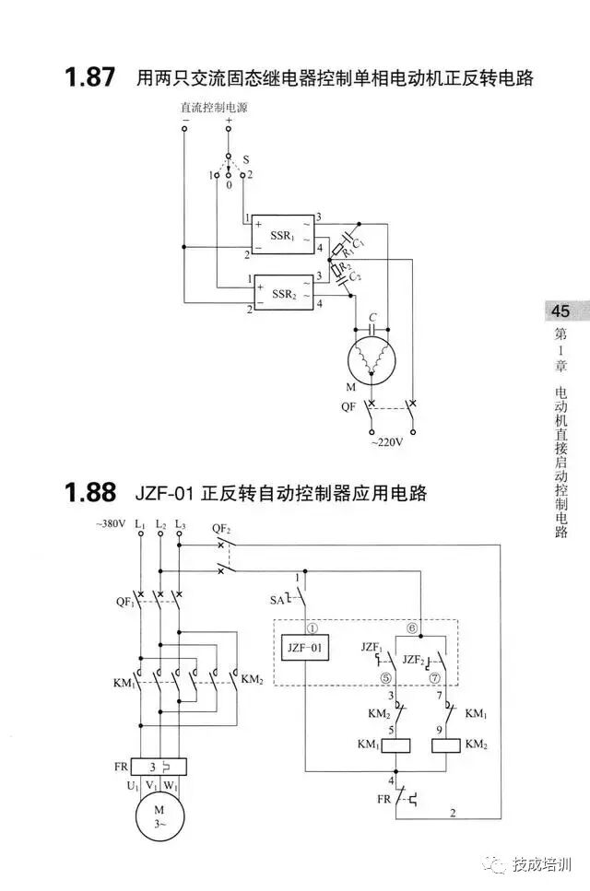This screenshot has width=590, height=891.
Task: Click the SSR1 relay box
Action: [283, 236]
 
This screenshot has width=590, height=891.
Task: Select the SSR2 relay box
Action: [283, 294]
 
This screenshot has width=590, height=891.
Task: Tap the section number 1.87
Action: [89, 77]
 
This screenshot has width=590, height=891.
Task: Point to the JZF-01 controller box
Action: [306, 649]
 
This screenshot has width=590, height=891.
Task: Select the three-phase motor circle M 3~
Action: [159, 816]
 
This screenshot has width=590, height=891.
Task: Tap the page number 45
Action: [561, 311]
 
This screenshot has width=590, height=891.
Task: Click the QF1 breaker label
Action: [124, 602]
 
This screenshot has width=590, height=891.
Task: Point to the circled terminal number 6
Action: [412, 627]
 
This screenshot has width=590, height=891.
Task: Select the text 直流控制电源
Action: [214, 108]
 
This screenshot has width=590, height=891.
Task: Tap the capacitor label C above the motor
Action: [372, 318]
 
